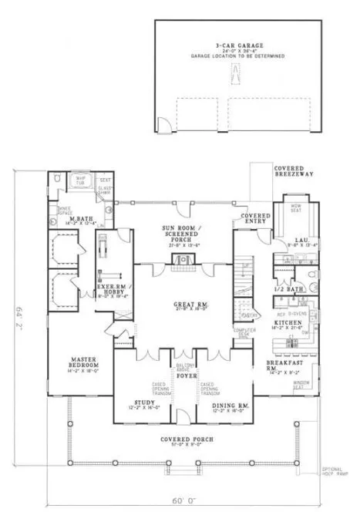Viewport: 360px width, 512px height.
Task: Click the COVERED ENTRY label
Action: (x=255, y=219)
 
